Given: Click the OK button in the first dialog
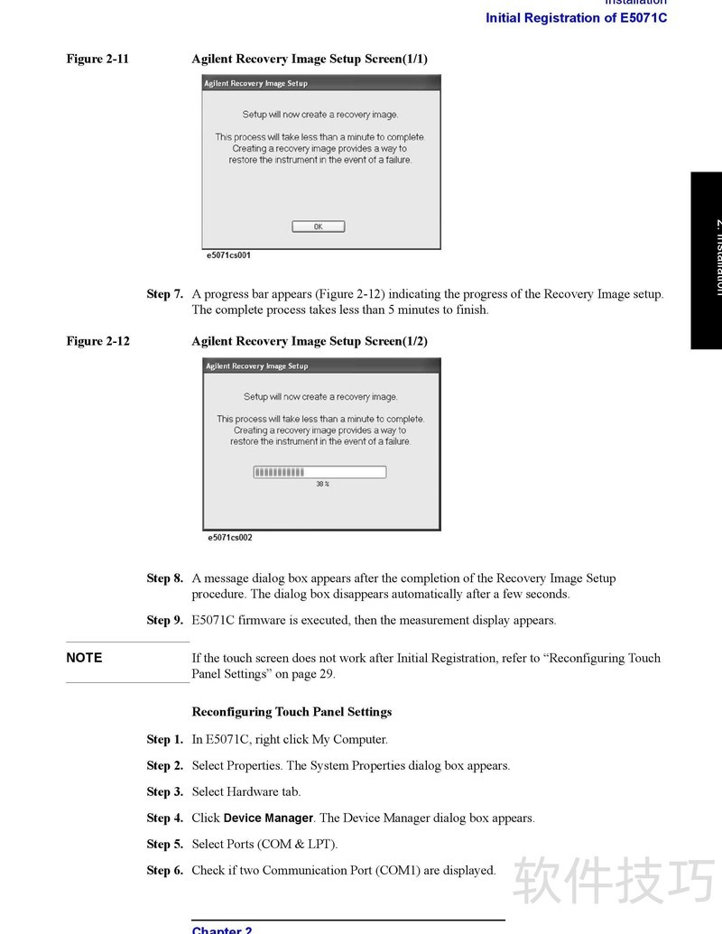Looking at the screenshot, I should [318, 227].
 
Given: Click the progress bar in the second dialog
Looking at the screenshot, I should [319, 472].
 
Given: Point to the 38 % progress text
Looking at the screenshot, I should [322, 485].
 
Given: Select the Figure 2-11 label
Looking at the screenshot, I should [97, 60].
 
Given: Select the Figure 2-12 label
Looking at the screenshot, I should [97, 341].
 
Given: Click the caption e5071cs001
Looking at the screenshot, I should [229, 255].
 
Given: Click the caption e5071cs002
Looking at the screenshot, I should [230, 538].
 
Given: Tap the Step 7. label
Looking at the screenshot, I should [165, 294].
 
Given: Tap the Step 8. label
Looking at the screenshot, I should [165, 578].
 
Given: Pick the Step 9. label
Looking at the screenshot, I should [165, 621].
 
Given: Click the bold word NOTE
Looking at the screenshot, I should [84, 658].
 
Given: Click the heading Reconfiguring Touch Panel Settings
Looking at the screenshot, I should [292, 712].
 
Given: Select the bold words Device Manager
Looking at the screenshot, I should [268, 818].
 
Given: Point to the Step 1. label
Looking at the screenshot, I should [165, 740].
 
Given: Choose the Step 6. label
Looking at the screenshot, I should [165, 871].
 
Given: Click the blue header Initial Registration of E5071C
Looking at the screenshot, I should [576, 18].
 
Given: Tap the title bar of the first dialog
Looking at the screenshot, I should [320, 83].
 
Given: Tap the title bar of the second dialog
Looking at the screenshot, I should [321, 365].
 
